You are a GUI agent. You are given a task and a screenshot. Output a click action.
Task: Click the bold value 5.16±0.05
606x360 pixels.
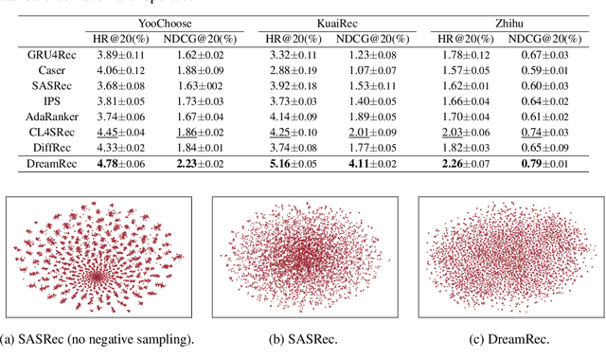[293, 171]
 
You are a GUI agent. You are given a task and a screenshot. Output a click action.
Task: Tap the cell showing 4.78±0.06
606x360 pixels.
[119, 171]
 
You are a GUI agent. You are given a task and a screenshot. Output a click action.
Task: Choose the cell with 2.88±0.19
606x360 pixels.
[293, 71]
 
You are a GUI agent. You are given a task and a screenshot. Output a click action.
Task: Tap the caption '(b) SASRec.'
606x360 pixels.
[302, 339]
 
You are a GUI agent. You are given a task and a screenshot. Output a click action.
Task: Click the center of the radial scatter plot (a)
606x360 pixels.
[96, 277]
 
